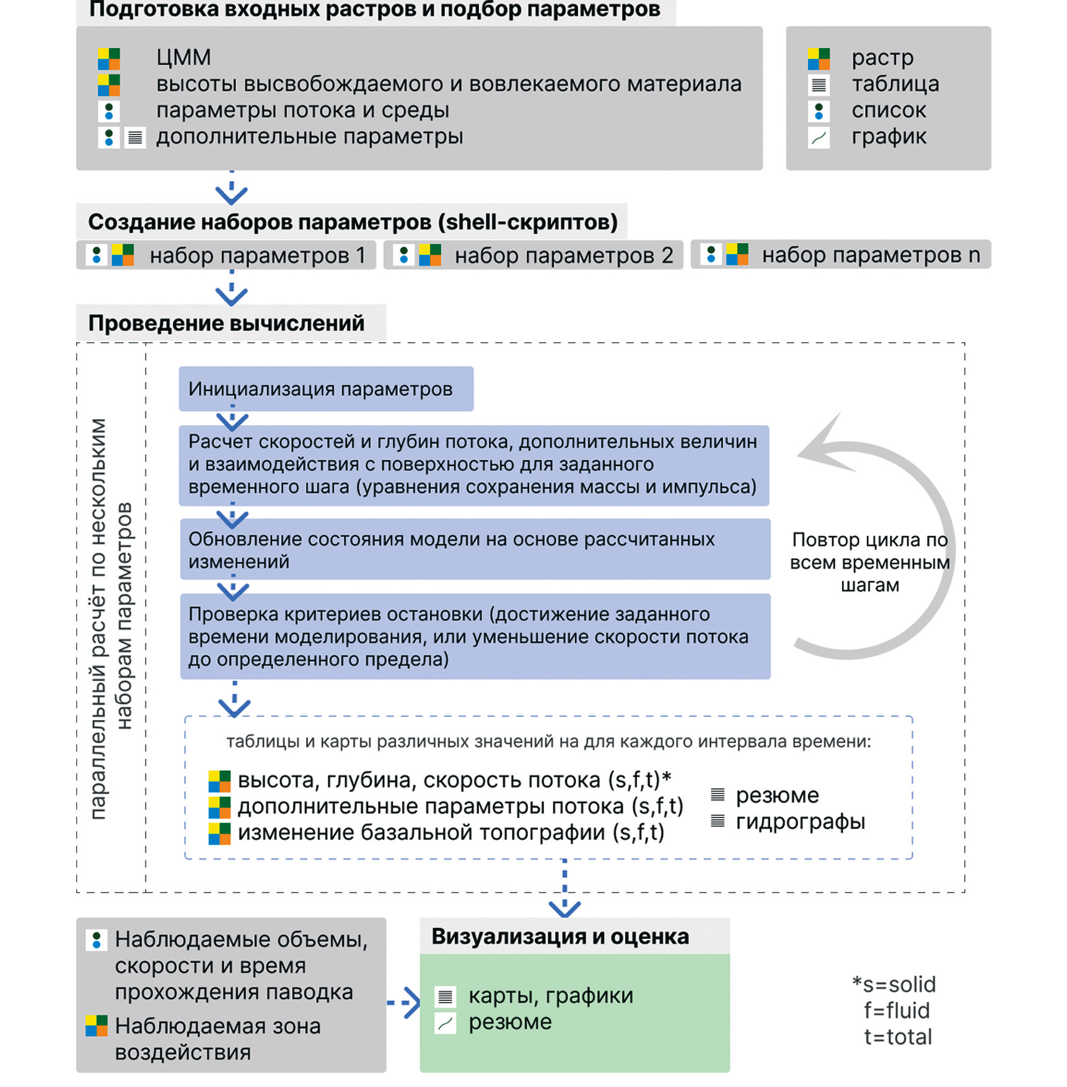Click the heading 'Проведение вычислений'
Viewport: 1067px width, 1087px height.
226,323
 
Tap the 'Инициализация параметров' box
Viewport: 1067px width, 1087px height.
326,389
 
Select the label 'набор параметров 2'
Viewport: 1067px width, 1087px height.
564,255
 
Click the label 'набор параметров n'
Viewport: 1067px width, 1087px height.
871,255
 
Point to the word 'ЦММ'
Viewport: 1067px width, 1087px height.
183,58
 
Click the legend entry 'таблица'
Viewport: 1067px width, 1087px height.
895,84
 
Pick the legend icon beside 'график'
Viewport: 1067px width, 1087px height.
819,137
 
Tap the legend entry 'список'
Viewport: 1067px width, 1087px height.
889,110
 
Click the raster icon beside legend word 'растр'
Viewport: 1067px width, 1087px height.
819,59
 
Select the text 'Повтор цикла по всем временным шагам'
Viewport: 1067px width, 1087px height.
870,562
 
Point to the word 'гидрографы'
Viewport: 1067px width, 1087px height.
801,822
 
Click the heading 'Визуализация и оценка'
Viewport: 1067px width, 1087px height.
560,936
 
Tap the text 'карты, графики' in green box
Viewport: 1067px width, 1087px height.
551,995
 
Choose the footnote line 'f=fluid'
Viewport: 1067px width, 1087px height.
897,1010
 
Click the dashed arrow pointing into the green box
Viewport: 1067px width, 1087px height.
404,1002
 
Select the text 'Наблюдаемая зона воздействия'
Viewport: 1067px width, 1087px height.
217,1039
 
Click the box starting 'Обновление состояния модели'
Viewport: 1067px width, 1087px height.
475,549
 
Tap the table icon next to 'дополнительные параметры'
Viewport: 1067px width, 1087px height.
135,137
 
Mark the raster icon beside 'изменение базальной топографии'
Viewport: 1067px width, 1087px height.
219,834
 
